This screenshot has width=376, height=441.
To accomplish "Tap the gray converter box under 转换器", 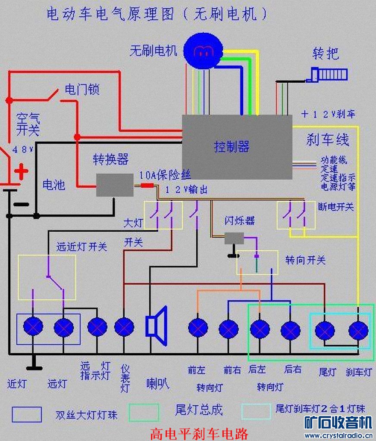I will (114, 185).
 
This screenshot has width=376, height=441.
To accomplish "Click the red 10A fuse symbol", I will (147, 186).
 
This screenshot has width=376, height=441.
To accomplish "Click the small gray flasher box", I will (234, 238).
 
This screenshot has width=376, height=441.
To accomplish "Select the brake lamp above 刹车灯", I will (358, 331).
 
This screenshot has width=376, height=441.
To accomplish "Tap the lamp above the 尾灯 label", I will (325, 331).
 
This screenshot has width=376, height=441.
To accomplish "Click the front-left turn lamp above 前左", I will (198, 328).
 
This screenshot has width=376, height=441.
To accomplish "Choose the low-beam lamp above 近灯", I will (33, 327).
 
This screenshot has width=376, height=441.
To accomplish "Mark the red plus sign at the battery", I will (21, 172).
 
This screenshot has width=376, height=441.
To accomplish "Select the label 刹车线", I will (328, 139).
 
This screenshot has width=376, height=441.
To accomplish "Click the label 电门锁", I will (82, 89).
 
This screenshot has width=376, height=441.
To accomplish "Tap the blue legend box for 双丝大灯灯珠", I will (27, 414).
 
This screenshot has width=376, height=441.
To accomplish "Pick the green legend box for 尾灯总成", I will (144, 412).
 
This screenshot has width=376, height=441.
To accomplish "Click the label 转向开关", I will (305, 260).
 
